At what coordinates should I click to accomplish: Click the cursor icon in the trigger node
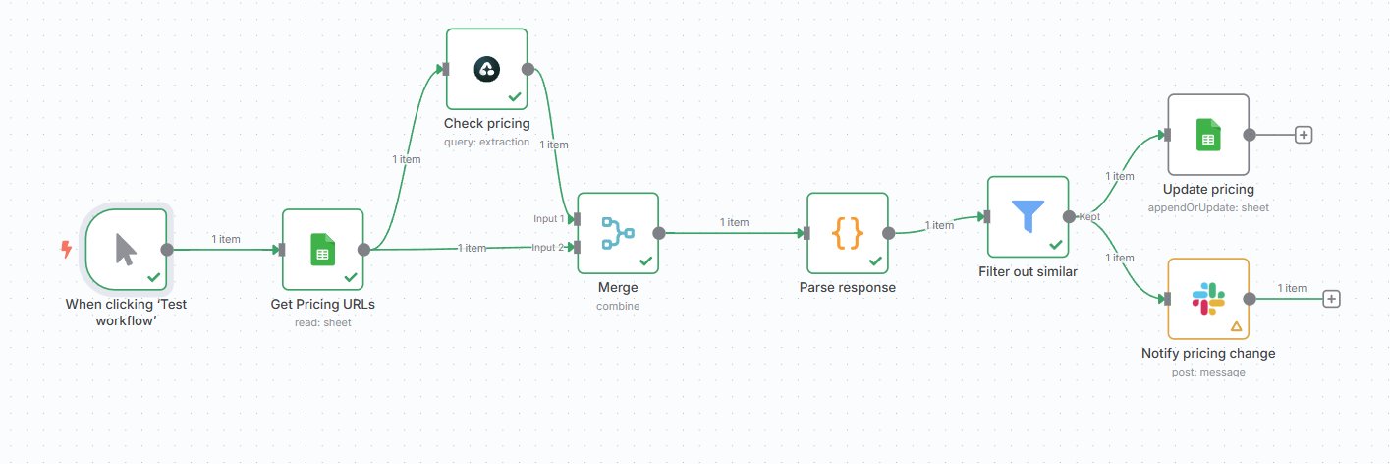(x=126, y=250)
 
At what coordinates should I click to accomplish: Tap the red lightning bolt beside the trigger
(x=67, y=249)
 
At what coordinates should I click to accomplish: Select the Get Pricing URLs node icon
(x=322, y=249)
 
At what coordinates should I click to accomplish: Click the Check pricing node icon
(x=487, y=69)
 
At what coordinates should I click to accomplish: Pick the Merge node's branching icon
(x=618, y=233)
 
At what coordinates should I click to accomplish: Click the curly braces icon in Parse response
(x=848, y=233)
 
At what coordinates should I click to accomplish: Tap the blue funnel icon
(x=1029, y=215)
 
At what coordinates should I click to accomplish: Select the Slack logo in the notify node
(x=1208, y=299)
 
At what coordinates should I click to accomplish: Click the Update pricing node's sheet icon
(x=1208, y=135)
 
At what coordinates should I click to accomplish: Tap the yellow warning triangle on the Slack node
(x=1236, y=326)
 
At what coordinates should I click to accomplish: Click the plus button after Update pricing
(x=1304, y=135)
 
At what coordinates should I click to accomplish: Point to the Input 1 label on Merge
(x=548, y=218)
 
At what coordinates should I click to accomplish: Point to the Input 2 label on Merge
(x=547, y=247)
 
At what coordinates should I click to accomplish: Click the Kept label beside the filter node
(x=1089, y=217)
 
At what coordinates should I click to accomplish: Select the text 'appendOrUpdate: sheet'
(x=1208, y=207)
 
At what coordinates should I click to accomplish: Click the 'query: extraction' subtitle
(x=486, y=142)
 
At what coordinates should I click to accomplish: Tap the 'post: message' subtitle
(x=1208, y=372)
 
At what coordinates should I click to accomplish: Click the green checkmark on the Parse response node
(x=875, y=261)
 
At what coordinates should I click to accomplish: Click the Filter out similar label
(x=1028, y=271)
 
